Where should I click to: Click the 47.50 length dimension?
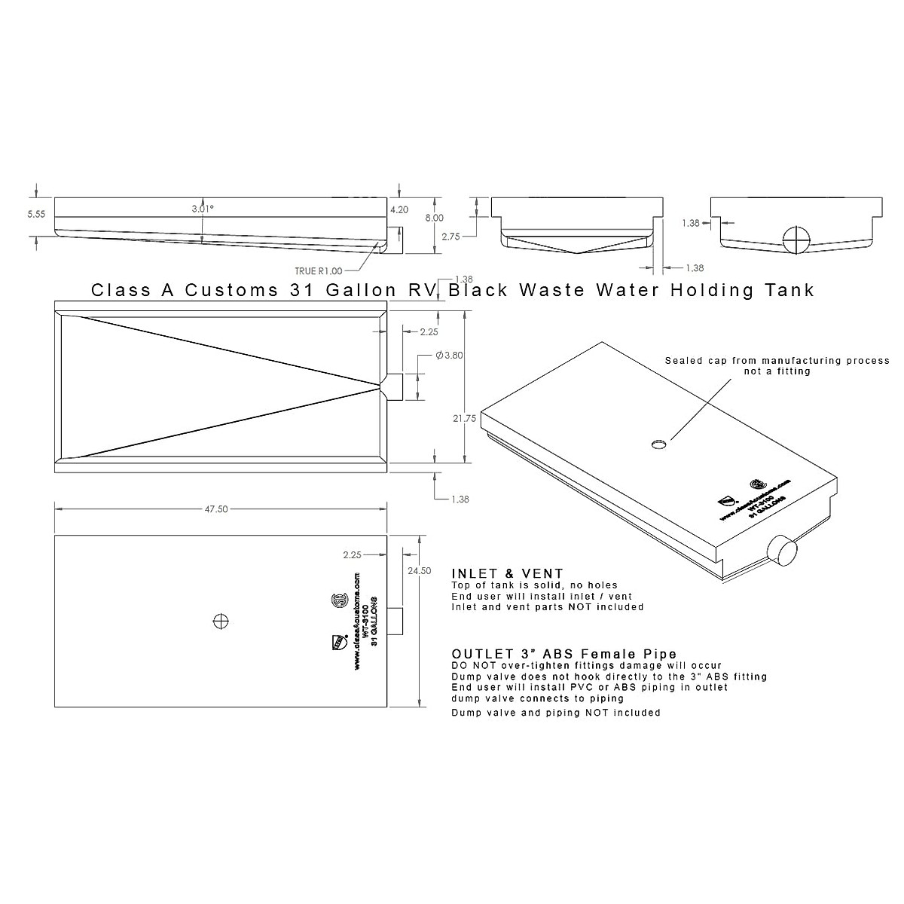click(x=216, y=509)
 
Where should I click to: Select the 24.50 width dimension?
click(x=419, y=570)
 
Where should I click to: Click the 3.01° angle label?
click(x=202, y=208)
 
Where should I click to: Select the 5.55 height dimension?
click(x=36, y=214)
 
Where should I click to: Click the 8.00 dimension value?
click(x=435, y=217)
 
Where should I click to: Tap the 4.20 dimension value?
click(x=399, y=210)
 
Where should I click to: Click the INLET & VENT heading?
click(x=507, y=574)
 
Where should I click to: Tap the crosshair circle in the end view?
click(x=796, y=240)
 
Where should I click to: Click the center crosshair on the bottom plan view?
click(x=221, y=621)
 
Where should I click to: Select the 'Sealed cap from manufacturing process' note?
click(x=777, y=361)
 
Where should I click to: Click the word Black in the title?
click(x=483, y=290)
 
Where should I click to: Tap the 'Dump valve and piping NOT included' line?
click(x=556, y=713)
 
